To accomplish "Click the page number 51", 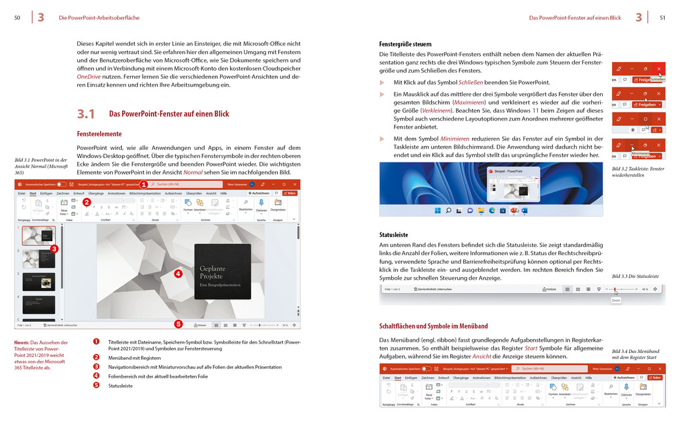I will pos(662,17).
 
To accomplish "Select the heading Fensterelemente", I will pos(99,134).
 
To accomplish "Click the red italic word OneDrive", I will pos(89,77).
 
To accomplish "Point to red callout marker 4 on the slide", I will pos(178,273).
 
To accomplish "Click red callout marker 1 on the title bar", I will pos(143,184).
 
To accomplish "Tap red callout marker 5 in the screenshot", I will pos(178,324).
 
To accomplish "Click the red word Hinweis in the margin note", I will pos(23,342).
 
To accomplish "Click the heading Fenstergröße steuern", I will pos(405,45).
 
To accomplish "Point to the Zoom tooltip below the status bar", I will pos(615,300).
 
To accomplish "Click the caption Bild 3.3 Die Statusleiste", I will pos(635,276).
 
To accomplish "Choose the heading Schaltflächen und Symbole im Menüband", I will pos(433,326).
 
